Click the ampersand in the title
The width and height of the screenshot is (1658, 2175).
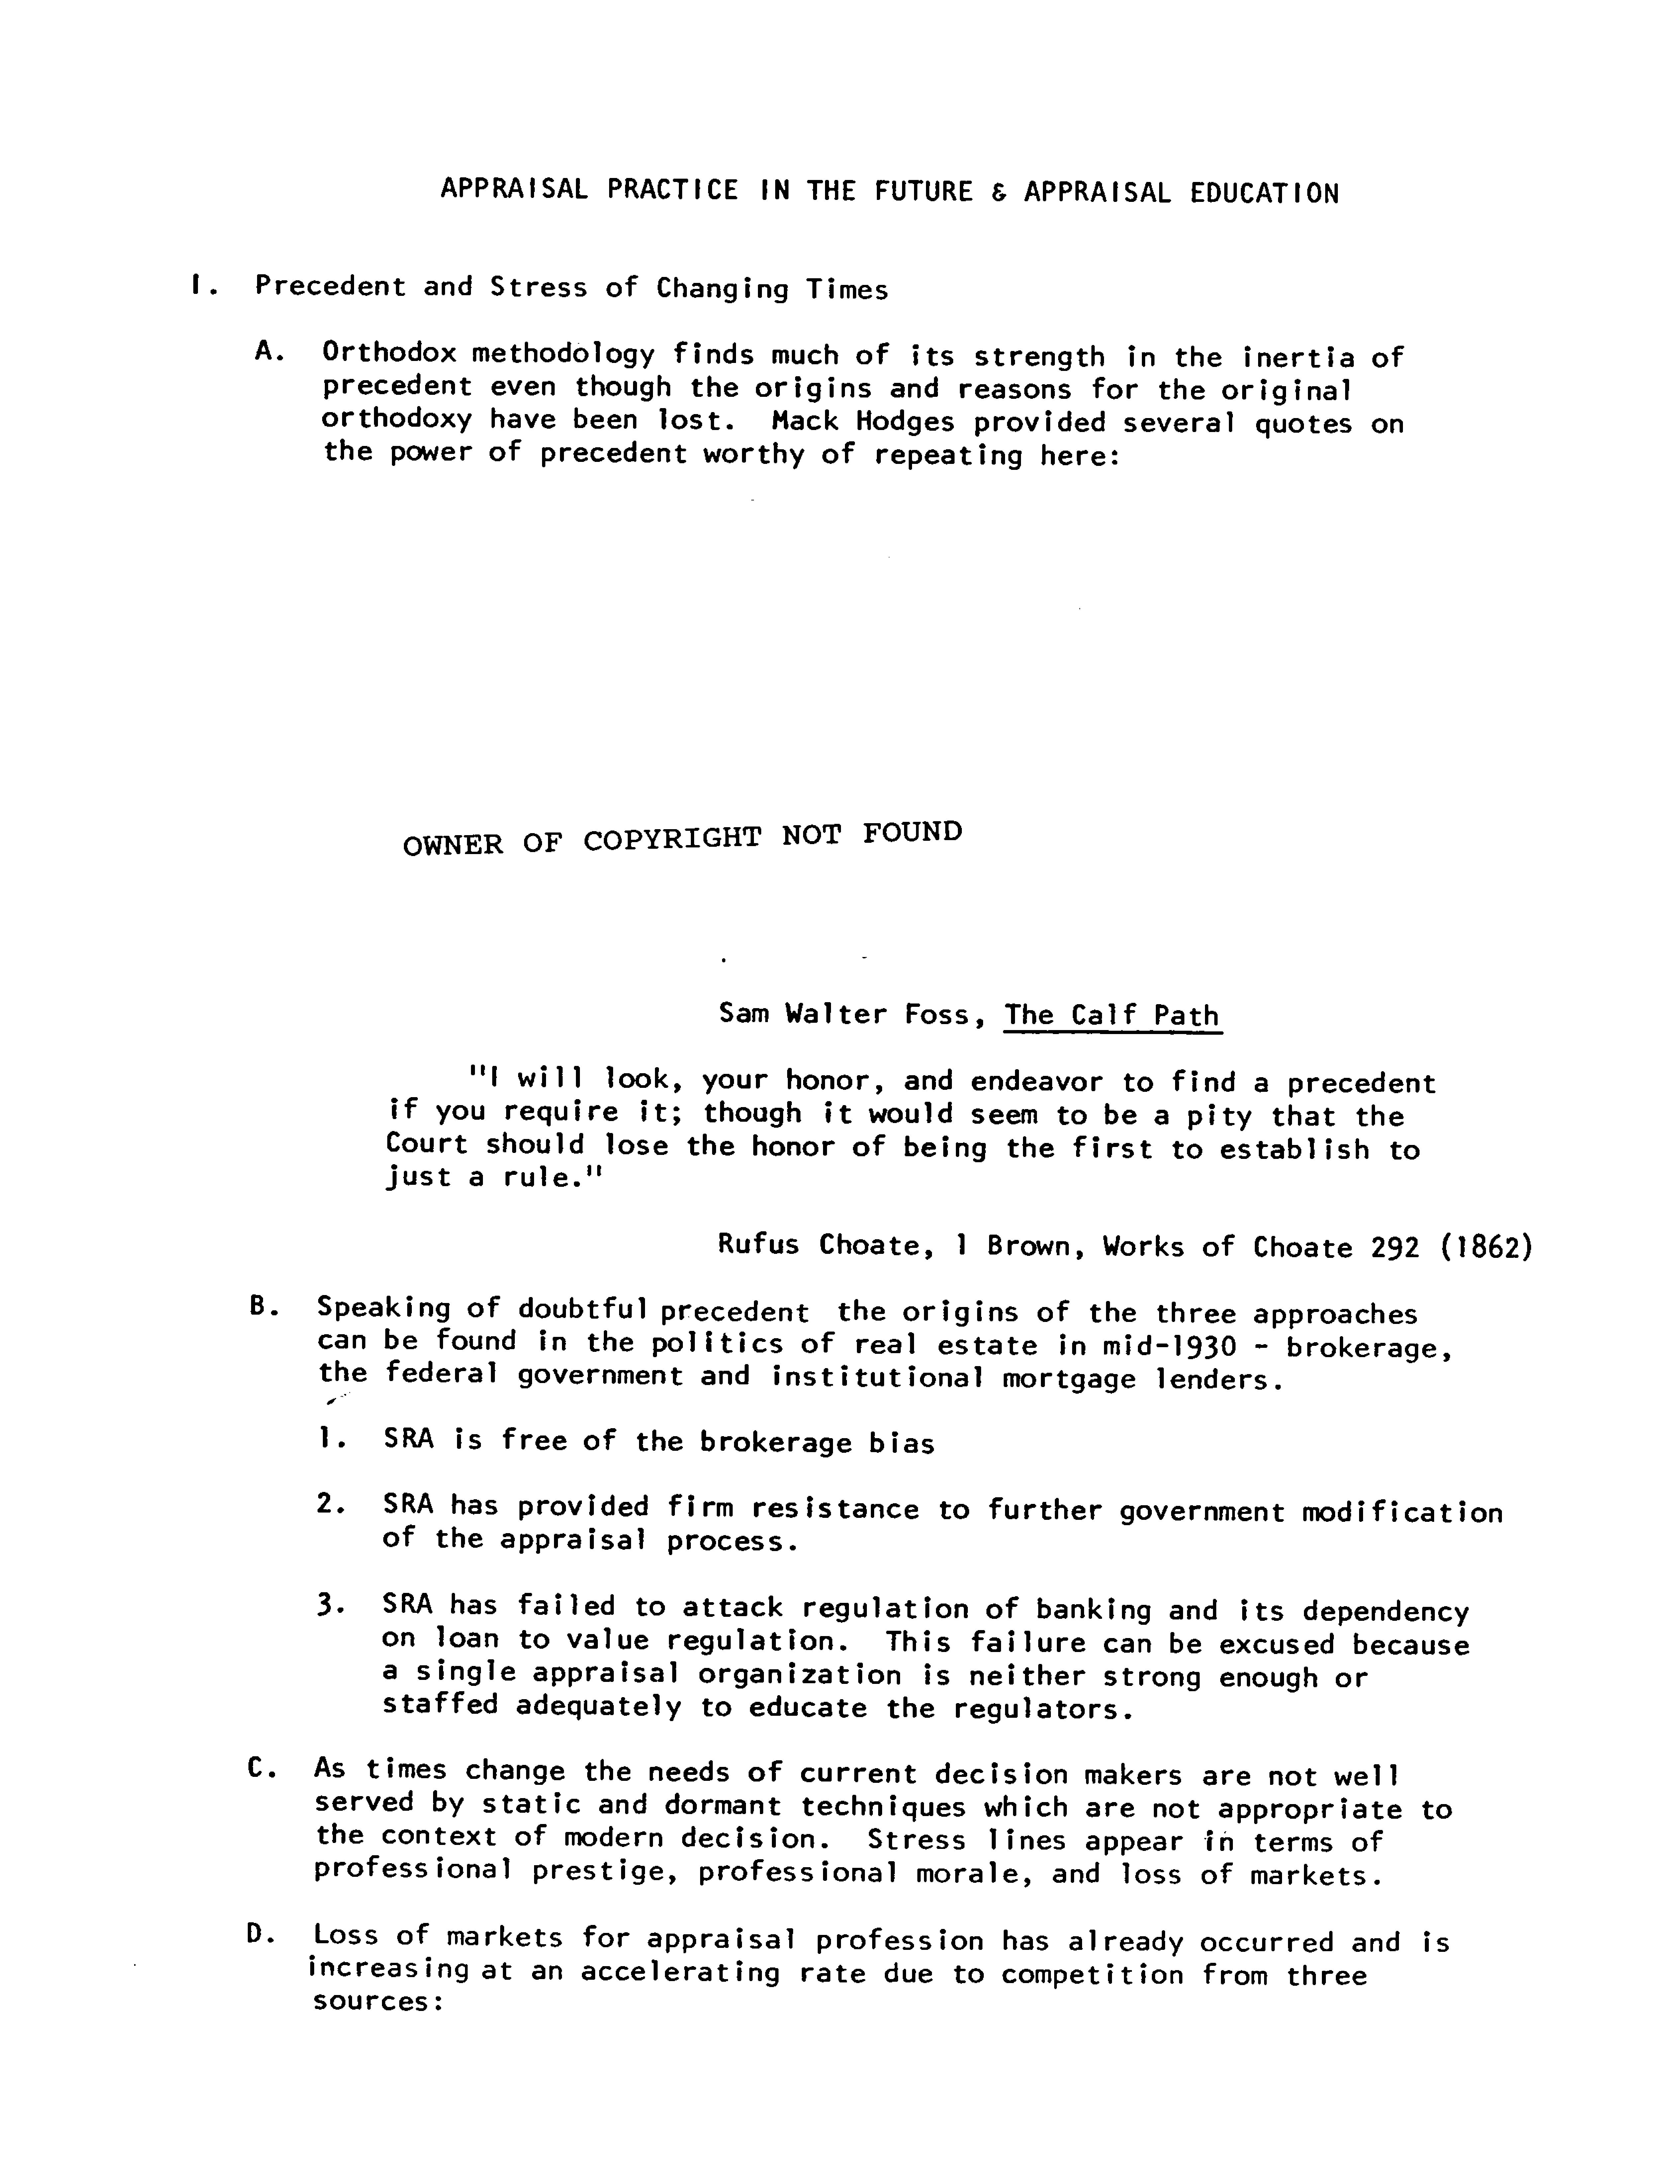pyautogui.click(x=998, y=193)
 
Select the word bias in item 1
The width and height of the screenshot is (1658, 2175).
pyautogui.click(x=901, y=1444)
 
